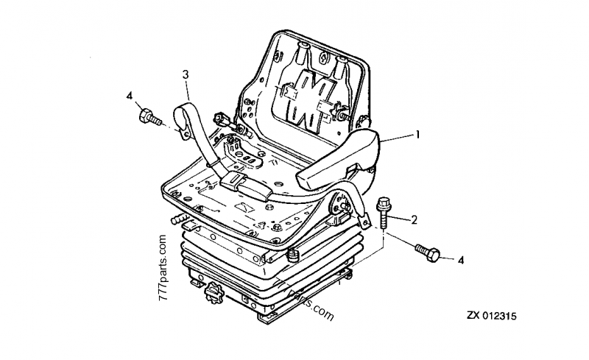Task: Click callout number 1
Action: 417,135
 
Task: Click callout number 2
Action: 415,219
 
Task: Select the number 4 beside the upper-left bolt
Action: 130,96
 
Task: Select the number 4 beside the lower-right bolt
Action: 461,259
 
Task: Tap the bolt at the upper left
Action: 149,117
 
